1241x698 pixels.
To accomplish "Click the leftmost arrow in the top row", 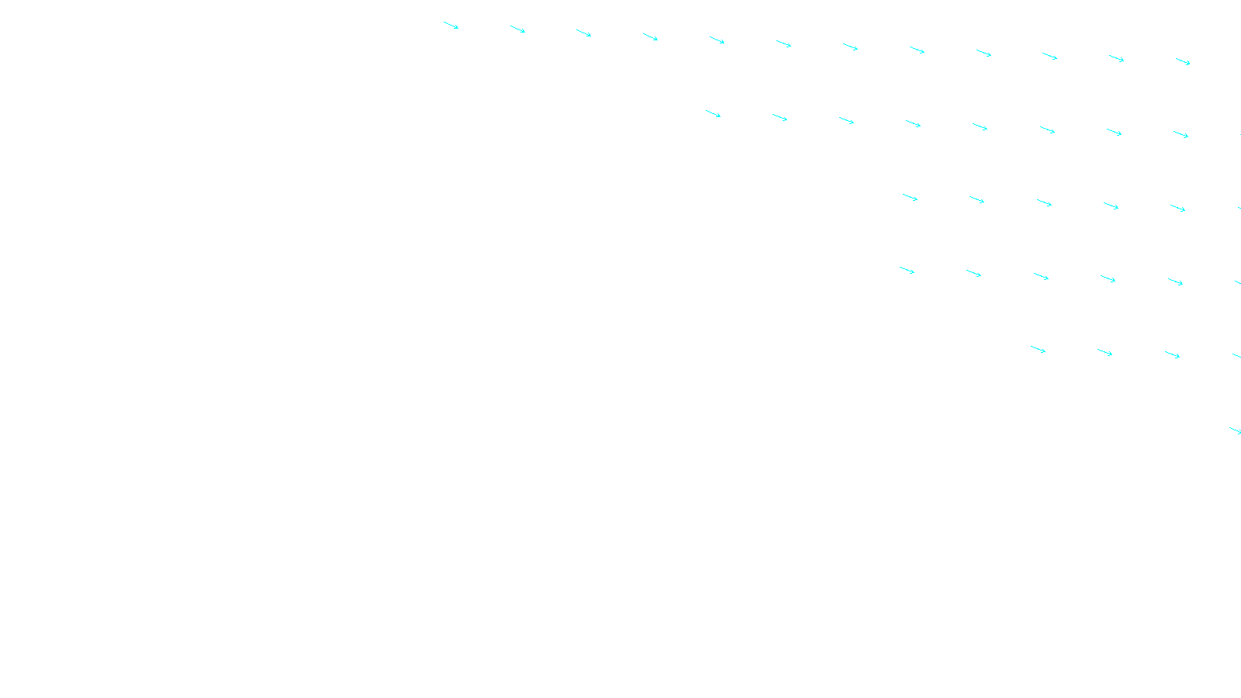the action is pos(451,26).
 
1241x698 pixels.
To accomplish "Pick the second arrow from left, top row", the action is pos(517,29).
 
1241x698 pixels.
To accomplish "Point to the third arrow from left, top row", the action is pos(583,33).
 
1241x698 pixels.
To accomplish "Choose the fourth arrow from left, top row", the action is pos(650,36).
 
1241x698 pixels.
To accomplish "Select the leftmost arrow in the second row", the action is pos(713,114).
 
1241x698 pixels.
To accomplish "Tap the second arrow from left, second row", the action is pos(780,117).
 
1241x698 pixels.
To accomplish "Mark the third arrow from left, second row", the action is pos(846,120).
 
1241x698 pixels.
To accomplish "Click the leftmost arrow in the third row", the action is pos(910,198).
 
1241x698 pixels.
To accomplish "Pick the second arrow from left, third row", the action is pos(977,200).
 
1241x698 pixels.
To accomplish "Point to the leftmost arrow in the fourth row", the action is pos(907,271).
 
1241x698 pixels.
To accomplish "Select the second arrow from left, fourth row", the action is pos(973,273).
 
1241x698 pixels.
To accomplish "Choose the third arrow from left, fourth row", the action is pos(1041,277).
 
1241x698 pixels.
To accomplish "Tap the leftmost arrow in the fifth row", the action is pos(1038,350).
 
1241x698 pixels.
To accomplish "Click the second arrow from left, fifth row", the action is pos(1104,353).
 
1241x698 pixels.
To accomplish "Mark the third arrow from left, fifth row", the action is pos(1172,354).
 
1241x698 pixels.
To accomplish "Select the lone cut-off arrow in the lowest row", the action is pos(1235,430).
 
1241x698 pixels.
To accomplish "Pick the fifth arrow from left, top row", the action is pos(717,40).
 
